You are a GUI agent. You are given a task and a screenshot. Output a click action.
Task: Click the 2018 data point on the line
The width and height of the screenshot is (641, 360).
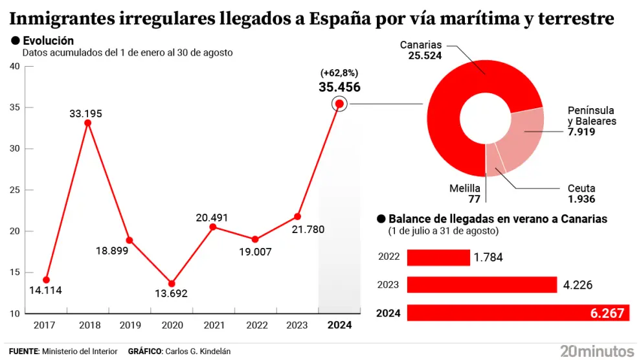tap(87, 122)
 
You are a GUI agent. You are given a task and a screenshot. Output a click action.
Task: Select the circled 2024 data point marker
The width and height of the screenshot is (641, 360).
tap(339, 104)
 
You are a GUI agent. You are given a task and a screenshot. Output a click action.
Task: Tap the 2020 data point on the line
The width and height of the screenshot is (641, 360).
tap(171, 283)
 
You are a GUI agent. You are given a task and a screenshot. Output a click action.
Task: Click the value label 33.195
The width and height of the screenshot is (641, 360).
tap(86, 114)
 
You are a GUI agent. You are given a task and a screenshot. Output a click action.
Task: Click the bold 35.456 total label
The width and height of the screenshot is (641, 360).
tap(339, 87)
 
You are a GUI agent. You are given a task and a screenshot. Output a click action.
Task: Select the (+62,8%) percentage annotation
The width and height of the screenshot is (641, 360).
tap(339, 73)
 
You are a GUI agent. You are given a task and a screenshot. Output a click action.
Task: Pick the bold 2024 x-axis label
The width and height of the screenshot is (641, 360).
tap(339, 325)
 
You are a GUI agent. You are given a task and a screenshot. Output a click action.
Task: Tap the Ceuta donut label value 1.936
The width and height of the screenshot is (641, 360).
tap(581, 199)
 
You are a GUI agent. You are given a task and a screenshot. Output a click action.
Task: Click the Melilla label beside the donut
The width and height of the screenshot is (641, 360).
tap(465, 188)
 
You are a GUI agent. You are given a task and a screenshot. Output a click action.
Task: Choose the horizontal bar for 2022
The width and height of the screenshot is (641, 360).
tap(438, 257)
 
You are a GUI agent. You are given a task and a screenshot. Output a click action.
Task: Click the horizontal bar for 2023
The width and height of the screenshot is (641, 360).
tap(482, 285)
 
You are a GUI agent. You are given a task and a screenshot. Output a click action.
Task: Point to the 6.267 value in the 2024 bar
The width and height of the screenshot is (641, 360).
tap(607, 313)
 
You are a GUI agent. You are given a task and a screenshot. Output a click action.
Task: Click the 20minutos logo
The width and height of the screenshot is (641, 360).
tap(596, 351)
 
